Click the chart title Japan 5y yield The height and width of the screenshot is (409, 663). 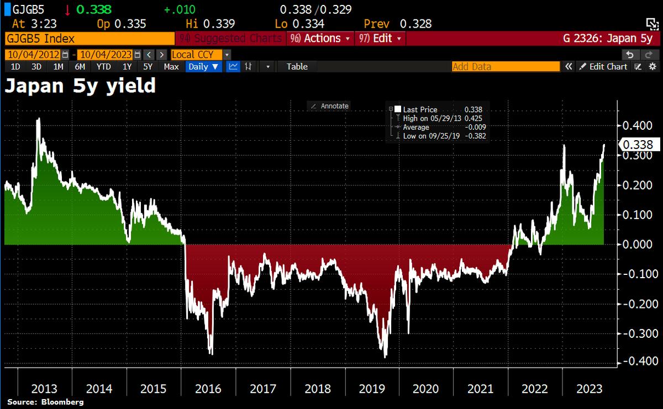(x=80, y=87)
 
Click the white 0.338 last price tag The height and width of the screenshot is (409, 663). (x=639, y=145)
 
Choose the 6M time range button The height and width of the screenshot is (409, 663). (x=80, y=67)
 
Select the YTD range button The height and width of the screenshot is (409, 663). (x=103, y=67)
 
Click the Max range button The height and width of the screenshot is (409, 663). (x=171, y=67)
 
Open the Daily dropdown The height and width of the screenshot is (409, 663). (x=203, y=67)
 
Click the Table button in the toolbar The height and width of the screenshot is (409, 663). (x=297, y=67)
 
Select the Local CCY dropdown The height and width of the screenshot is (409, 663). (x=200, y=55)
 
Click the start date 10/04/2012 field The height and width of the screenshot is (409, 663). (x=33, y=55)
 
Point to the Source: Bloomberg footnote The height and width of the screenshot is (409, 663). (x=45, y=402)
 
